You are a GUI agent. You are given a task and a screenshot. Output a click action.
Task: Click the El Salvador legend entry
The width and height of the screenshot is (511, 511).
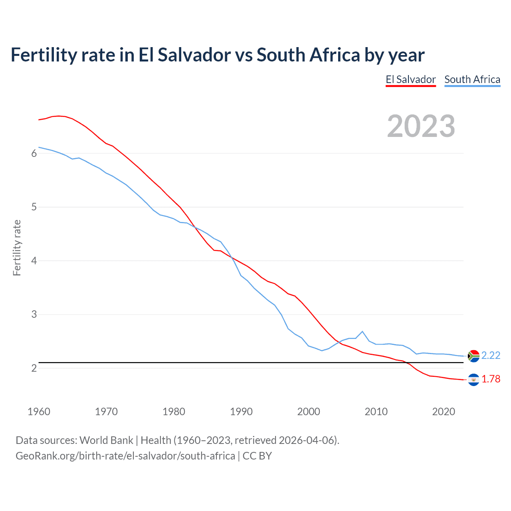click(x=410, y=79)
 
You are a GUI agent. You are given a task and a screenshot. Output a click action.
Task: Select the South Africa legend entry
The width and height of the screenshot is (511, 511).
click(x=472, y=79)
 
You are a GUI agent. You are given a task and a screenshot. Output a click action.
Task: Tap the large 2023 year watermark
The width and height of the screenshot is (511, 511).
click(x=421, y=126)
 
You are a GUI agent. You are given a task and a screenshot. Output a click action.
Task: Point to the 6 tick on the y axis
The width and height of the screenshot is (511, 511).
click(x=34, y=154)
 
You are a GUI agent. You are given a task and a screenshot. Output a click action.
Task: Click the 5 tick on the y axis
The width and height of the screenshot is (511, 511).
click(x=34, y=207)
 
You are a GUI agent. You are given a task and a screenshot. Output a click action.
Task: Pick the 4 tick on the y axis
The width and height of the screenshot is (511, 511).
click(x=34, y=261)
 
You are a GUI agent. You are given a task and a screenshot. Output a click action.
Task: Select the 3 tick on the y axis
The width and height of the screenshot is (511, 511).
click(x=34, y=315)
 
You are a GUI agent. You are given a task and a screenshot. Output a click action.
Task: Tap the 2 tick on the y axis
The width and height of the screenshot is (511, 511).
click(x=34, y=368)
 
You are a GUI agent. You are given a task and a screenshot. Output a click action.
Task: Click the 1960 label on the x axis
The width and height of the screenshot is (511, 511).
click(x=39, y=412)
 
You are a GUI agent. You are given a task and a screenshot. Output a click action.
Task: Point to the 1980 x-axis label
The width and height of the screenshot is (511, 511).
click(x=174, y=412)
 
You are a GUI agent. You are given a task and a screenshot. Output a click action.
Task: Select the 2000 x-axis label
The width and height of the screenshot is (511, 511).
click(x=309, y=412)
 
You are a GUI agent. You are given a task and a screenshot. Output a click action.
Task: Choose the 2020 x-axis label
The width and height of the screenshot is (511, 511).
click(x=444, y=412)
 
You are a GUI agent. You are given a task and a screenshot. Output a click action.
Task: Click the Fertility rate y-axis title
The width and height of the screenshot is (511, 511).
click(x=17, y=248)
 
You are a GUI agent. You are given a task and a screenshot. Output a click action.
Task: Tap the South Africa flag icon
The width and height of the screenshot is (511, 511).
click(x=473, y=356)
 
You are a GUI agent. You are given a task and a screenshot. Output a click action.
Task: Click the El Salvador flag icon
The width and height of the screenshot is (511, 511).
click(x=473, y=380)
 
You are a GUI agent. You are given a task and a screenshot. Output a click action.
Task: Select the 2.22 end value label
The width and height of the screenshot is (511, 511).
click(x=491, y=356)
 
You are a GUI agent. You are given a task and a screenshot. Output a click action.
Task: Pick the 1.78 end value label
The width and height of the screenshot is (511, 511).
click(x=491, y=379)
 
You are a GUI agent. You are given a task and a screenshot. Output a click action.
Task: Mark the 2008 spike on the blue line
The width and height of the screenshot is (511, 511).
click(x=362, y=331)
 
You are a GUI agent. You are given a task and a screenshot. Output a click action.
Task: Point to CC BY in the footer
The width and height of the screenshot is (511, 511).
click(x=257, y=456)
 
